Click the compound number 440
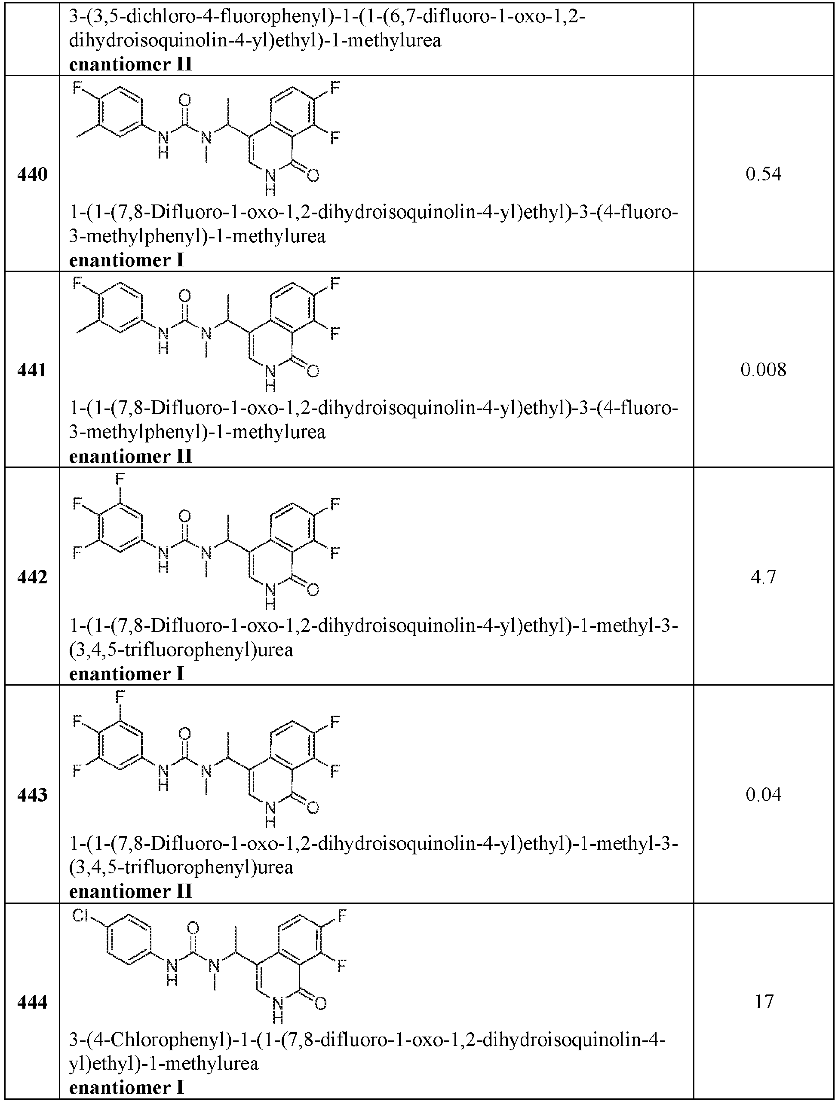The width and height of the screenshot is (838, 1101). click(x=32, y=174)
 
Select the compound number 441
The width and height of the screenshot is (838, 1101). click(x=32, y=370)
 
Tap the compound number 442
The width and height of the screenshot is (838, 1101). click(x=32, y=576)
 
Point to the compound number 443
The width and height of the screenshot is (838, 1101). click(x=32, y=794)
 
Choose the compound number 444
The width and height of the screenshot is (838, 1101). click(x=32, y=1002)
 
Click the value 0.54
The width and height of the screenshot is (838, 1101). click(x=763, y=174)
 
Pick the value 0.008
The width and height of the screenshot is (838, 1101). click(x=763, y=370)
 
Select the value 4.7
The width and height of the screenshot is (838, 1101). click(x=763, y=576)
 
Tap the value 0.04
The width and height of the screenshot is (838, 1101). click(x=763, y=794)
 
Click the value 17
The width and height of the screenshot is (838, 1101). click(x=764, y=1002)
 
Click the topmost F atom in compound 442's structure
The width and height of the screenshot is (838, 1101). click(x=120, y=479)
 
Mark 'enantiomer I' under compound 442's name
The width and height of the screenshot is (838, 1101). click(x=126, y=674)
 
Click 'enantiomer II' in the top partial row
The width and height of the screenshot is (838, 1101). click(x=130, y=65)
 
